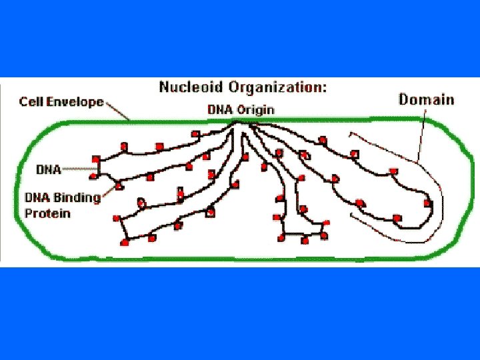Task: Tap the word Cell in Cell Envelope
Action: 31,102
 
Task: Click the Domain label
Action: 427,100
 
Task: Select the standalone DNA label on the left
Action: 48,169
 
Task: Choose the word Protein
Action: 47,213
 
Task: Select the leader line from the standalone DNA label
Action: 80,169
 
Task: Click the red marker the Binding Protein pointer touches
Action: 119,185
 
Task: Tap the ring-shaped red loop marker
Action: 141,202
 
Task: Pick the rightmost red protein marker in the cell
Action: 427,203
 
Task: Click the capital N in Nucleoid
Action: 164,87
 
